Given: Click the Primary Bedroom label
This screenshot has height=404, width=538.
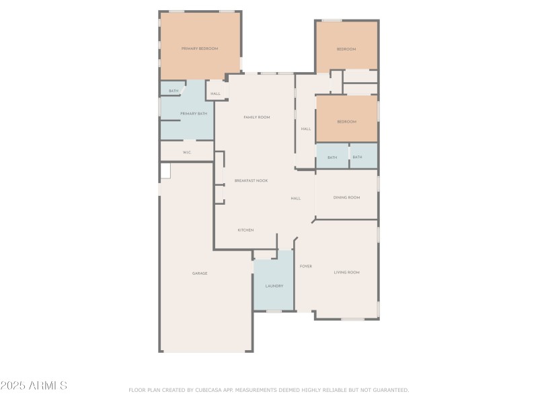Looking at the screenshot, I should coord(199,48).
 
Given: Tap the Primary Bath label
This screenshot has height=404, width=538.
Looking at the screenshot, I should coord(194,114).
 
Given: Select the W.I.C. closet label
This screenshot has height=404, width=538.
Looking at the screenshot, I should coord(187,153).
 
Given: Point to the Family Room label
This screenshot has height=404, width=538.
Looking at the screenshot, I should coord(256,117).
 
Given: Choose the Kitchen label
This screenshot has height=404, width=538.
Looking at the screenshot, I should coord(245,230).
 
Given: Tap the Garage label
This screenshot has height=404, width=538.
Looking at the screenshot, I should coord(200,273).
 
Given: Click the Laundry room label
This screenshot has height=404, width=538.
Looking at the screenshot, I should coord(274,286).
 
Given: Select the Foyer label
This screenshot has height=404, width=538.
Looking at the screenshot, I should coord(305,266).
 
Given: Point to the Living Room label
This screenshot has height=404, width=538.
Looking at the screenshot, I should coord(346,272).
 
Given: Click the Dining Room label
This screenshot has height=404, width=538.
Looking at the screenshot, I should coord(346,197).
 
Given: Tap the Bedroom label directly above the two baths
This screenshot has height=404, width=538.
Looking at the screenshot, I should coord(346,121).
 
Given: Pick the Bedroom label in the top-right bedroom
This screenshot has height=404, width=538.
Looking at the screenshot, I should coord(346,49).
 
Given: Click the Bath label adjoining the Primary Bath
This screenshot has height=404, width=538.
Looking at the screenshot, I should coord(174,91).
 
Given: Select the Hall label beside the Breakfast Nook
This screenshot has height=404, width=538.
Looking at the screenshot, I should coord(295,199).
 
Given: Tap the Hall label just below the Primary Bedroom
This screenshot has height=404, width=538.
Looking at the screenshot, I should coord(215,94).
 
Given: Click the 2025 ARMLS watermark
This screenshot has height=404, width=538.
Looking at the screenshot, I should coord(34,386).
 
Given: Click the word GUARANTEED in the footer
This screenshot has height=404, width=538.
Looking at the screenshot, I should coord(389,390).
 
